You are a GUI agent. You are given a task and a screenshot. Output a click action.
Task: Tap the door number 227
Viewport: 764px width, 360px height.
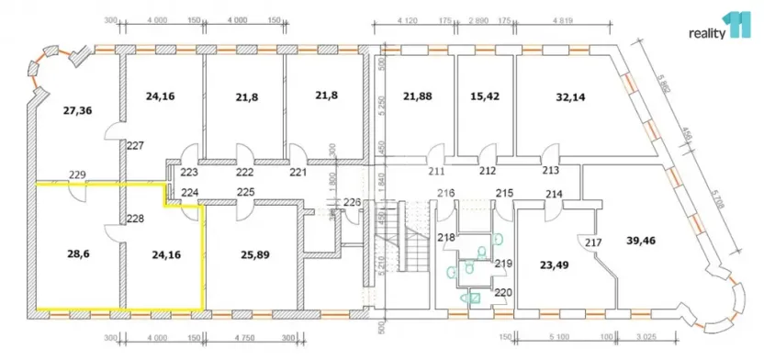(135, 146)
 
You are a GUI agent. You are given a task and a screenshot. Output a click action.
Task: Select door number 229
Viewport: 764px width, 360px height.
(77, 174)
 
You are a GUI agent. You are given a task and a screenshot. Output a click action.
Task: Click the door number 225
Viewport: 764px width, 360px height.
(246, 192)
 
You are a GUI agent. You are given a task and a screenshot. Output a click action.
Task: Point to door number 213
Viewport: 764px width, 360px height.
(551, 170)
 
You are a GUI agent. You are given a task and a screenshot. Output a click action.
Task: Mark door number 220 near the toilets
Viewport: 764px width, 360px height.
(504, 293)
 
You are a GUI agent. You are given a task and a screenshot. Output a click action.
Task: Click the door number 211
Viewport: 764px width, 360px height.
(435, 170)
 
